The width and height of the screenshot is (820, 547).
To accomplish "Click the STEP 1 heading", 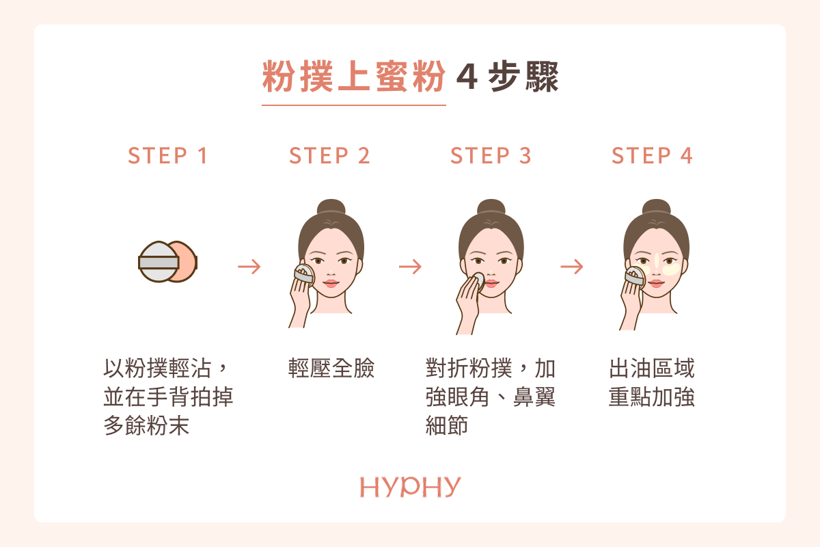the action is click(168, 156).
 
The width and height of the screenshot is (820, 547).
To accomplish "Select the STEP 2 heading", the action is click(329, 156).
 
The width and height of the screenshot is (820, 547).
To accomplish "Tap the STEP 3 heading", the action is click(491, 156).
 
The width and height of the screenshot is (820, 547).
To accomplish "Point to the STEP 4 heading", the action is click(652, 156).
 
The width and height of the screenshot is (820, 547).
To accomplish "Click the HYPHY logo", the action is click(410, 487).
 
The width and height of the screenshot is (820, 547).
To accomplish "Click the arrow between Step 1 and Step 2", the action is click(249, 267).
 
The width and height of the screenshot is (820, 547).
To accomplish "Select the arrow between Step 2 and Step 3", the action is click(410, 267).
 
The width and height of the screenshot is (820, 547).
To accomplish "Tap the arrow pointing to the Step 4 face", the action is click(571, 267).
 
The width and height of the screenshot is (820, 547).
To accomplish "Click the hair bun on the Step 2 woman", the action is click(331, 207).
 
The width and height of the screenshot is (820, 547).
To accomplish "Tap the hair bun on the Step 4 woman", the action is click(657, 207).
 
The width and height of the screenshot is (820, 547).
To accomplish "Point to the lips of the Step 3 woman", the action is click(491, 283).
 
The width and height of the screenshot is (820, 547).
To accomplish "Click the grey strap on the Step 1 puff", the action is click(159, 263).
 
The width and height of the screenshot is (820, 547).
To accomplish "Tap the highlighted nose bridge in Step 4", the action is click(657, 261).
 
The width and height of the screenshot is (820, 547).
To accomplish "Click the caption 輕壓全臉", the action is click(331, 369).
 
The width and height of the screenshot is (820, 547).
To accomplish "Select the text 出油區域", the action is click(652, 369).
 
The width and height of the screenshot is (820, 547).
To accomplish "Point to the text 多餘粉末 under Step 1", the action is click(146, 426).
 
